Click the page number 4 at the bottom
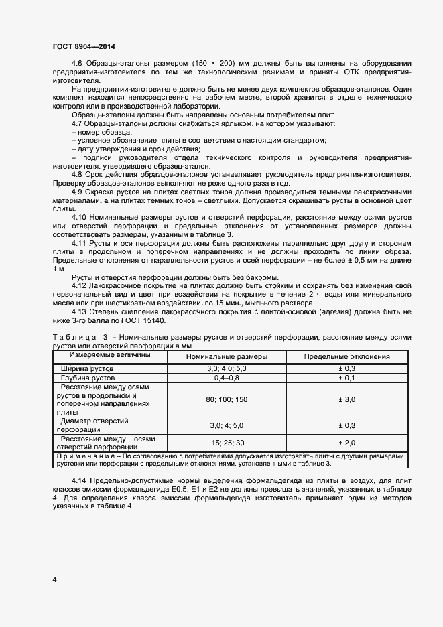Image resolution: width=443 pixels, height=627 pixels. [54, 579]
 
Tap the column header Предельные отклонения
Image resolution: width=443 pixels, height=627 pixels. [347, 357]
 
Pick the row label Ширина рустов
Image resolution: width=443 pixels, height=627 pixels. [88, 369]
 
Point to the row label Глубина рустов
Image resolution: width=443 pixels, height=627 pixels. [89, 378]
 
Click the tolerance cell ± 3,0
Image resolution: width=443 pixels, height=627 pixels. [347, 400]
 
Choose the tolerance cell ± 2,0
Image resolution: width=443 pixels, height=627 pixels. [347, 443]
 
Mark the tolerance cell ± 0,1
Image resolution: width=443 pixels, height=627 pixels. [347, 378]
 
